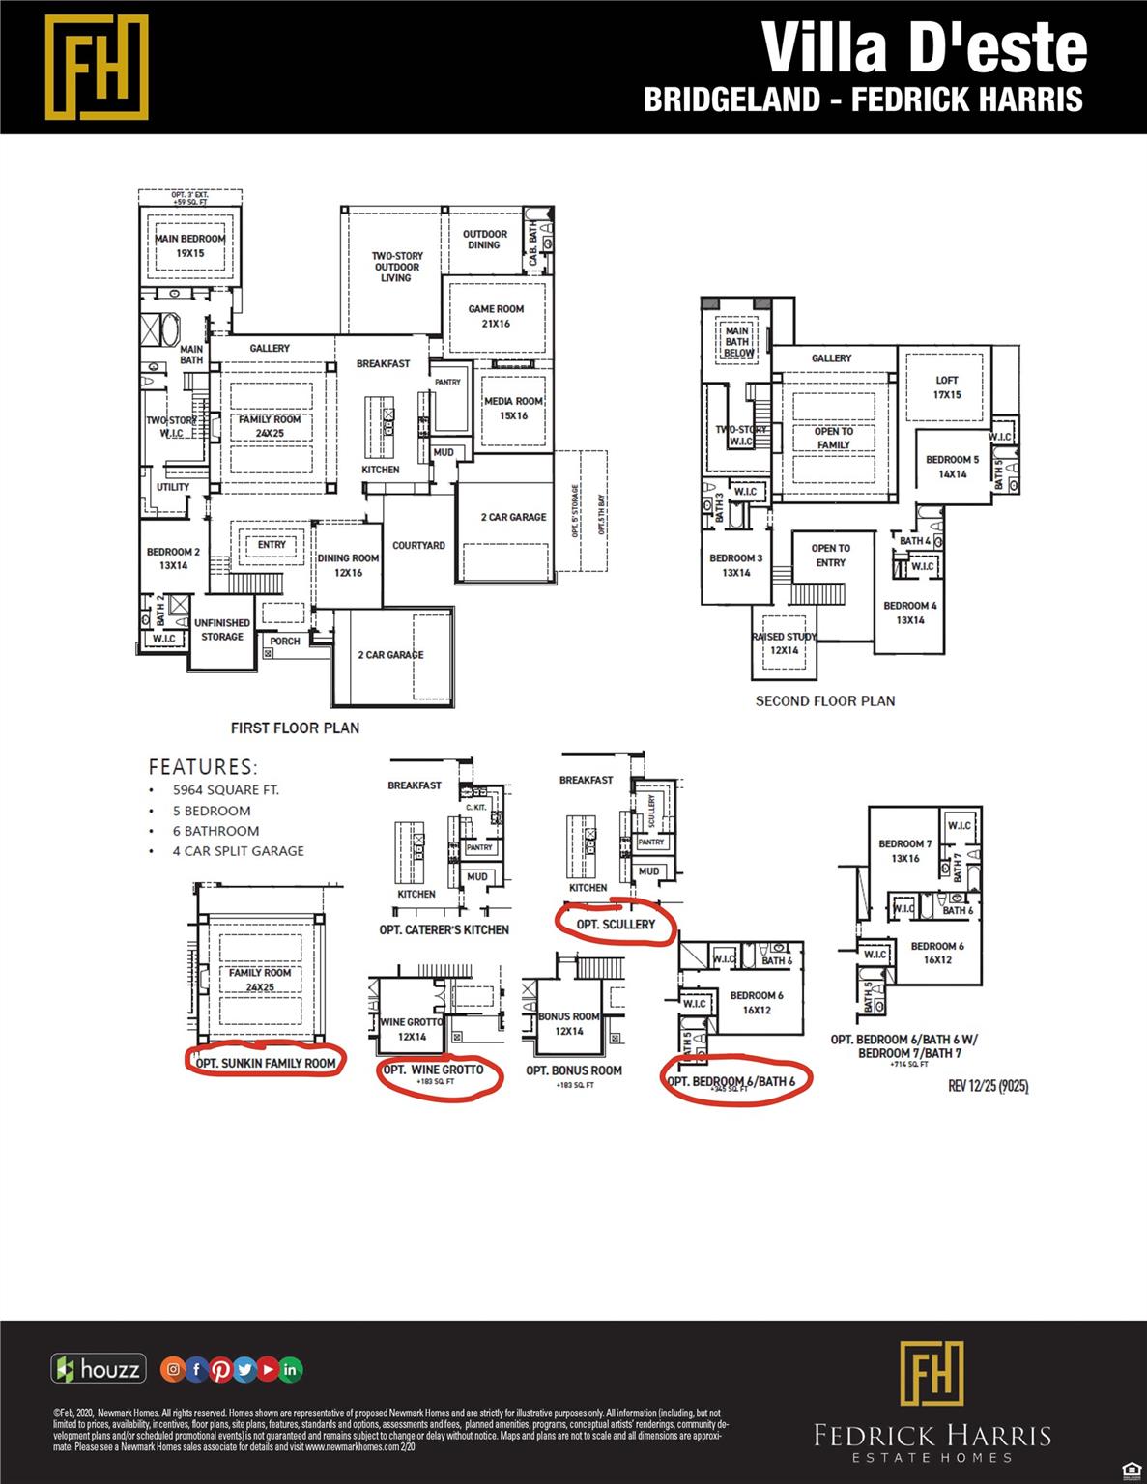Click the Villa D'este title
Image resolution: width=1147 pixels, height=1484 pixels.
point(925,47)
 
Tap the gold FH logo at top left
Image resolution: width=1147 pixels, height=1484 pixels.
point(97,67)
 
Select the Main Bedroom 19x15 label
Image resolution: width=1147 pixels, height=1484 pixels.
point(190,245)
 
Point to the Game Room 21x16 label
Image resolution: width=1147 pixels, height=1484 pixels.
point(496,316)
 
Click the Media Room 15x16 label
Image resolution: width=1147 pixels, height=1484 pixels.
point(513,408)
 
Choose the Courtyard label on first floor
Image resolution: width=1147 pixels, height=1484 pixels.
point(418,546)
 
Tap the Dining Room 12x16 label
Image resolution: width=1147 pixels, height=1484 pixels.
point(348,565)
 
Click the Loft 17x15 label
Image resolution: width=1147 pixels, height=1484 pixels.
point(947,387)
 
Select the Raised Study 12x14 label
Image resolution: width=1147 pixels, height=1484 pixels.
point(785,643)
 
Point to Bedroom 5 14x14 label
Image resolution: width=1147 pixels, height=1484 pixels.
point(952,467)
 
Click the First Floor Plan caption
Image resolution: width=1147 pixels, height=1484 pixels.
point(295,728)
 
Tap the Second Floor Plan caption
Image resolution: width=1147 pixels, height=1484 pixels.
point(825,701)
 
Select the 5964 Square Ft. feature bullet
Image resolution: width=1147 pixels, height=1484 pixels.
point(225,790)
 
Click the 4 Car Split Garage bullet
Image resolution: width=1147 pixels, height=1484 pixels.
point(238,851)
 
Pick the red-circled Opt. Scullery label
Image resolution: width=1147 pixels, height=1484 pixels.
point(616,925)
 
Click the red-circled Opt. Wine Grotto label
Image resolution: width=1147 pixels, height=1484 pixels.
point(434,1070)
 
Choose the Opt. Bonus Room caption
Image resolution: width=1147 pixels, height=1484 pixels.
point(574,1070)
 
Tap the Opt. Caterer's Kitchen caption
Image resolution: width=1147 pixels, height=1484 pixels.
point(444,929)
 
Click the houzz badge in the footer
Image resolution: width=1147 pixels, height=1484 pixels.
point(99,1368)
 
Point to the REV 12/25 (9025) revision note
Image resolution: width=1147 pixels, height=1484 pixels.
point(988,1086)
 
